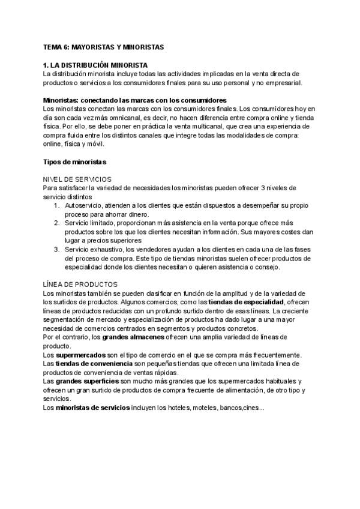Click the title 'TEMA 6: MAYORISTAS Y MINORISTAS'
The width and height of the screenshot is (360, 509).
[103, 46]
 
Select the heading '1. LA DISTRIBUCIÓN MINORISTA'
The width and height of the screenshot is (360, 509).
[95, 65]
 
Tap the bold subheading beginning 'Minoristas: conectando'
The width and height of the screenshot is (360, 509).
[134, 100]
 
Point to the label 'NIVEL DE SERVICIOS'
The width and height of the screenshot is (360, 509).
[77, 179]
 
